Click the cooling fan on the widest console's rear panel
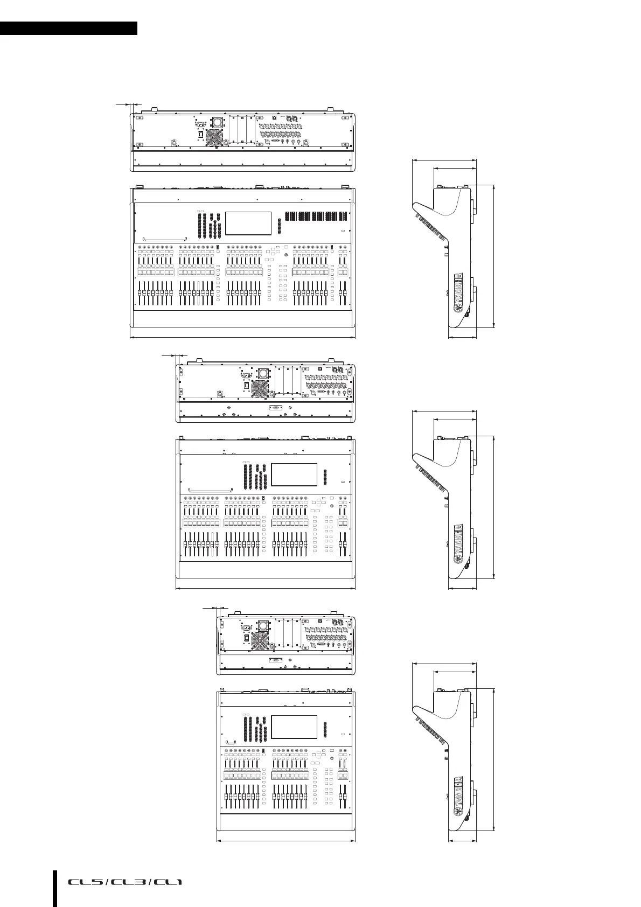[214, 137]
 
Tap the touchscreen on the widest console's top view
[248, 223]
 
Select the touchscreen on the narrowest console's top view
[294, 727]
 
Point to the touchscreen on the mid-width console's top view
[294, 475]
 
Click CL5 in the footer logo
[85, 882]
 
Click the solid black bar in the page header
[68, 29]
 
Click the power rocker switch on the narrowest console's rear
[248, 639]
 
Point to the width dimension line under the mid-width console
[266, 589]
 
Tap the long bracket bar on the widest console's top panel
[164, 238]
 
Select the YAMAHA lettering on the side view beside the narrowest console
[458, 794]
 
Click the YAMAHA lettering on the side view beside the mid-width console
[458, 542]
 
